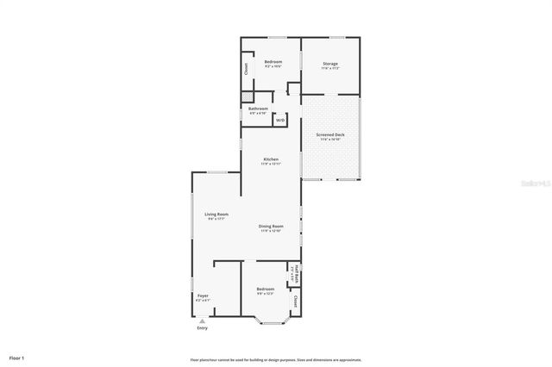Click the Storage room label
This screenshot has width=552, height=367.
pyautogui.click(x=330, y=64)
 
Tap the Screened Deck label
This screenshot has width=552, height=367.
pyautogui.click(x=330, y=135)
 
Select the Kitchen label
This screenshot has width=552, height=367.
pyautogui.click(x=271, y=160)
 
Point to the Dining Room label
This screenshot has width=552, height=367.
pyautogui.click(x=271, y=227)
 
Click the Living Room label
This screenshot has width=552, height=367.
pyautogui.click(x=216, y=215)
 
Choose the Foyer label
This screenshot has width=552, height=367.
pyautogui.click(x=203, y=296)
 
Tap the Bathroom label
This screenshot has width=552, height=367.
pyautogui.click(x=258, y=109)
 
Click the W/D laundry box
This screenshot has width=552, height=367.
pyautogui.click(x=280, y=121)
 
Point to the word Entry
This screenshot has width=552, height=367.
pyautogui.click(x=203, y=328)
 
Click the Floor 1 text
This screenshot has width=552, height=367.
pyautogui.click(x=17, y=357)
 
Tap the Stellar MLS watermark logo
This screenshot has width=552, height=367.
pyautogui.click(x=529, y=183)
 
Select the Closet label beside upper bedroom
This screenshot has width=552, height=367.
pyautogui.click(x=246, y=67)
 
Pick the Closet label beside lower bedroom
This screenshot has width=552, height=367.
pyautogui.click(x=295, y=302)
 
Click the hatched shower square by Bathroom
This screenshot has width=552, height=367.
pyautogui.click(x=248, y=97)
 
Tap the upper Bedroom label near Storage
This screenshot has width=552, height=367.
pyautogui.click(x=273, y=62)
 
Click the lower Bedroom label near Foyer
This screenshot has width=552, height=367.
pyautogui.click(x=266, y=289)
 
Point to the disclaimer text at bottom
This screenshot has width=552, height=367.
pyautogui.click(x=276, y=359)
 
